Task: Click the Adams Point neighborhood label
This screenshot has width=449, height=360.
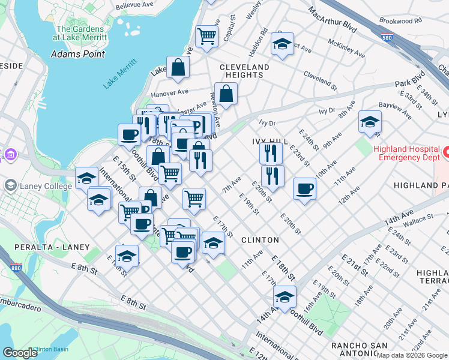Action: [x=78, y=54]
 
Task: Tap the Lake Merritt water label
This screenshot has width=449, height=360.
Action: [x=116, y=77]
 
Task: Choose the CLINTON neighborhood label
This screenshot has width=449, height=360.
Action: [x=260, y=240]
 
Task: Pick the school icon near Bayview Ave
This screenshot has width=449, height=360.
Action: [x=370, y=122]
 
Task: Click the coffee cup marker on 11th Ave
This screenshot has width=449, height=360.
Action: [x=305, y=189]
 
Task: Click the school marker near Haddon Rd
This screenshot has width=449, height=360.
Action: [x=282, y=44]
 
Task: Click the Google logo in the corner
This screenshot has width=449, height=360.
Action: [x=20, y=353]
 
